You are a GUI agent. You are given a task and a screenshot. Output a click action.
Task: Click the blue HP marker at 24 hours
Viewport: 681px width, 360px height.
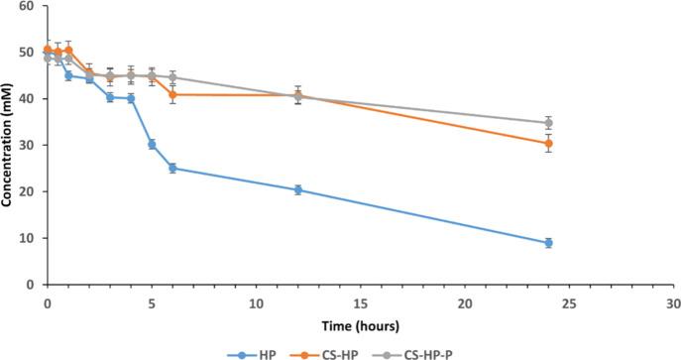(x=548, y=243)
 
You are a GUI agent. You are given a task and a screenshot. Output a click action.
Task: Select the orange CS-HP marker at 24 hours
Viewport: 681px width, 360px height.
(x=548, y=143)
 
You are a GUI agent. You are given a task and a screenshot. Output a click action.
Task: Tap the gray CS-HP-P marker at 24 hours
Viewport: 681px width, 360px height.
(x=548, y=123)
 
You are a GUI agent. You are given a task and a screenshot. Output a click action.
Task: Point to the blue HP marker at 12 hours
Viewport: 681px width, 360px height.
(x=297, y=189)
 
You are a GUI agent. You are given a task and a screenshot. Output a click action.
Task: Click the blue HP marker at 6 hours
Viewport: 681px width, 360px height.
(x=172, y=168)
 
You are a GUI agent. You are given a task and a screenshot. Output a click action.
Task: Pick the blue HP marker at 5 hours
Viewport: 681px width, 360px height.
(x=152, y=144)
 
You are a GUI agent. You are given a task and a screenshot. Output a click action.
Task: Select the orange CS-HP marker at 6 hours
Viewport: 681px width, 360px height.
(x=172, y=94)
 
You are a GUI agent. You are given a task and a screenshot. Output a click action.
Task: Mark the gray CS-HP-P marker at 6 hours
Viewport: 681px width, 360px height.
(x=172, y=77)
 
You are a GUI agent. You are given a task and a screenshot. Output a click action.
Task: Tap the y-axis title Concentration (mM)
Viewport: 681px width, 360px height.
(x=9, y=145)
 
